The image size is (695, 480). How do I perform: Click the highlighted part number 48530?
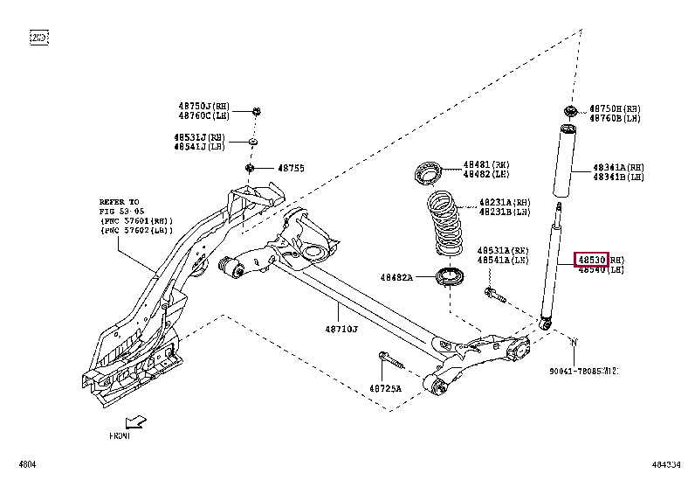coord(589,260)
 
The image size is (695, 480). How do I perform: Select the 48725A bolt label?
coord(384,388)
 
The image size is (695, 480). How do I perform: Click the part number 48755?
coord(291,168)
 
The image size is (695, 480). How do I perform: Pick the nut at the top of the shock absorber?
coord(569,110)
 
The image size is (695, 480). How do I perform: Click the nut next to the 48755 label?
coord(251,167)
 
